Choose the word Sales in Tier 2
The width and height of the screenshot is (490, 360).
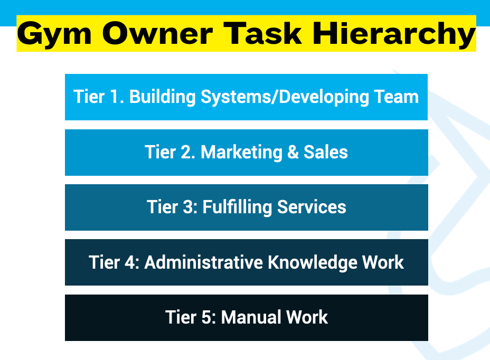[x=325, y=153]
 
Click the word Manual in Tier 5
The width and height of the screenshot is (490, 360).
[x=250, y=317]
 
